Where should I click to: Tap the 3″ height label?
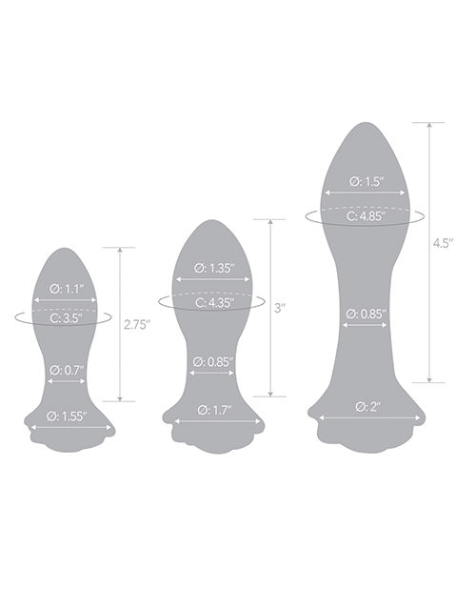[281, 309]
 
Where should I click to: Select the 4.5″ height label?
[443, 243]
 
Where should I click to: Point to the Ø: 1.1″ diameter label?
[66, 289]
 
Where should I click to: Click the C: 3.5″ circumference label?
[66, 318]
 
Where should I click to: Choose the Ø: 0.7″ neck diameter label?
[67, 371]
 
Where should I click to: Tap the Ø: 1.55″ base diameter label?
[67, 416]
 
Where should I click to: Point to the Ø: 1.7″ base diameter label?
[215, 410]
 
